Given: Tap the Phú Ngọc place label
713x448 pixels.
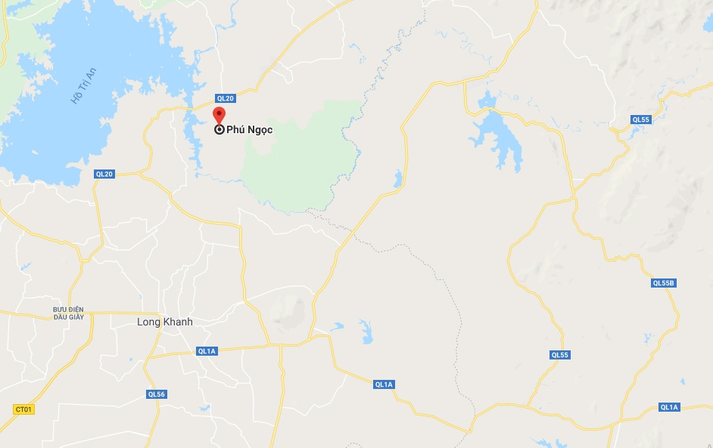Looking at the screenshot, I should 249,130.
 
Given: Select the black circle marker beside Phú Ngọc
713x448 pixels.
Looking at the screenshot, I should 219,130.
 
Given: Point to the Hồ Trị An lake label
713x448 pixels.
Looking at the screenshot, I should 84,86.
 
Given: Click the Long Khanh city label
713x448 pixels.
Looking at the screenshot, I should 164,322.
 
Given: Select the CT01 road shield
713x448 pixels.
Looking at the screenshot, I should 24,409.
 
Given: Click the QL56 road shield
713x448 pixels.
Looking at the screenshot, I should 157,394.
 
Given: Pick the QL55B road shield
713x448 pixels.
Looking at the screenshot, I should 663,283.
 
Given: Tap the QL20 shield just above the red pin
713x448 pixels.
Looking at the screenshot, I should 226,98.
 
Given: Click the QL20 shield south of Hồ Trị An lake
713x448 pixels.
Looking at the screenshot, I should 104,174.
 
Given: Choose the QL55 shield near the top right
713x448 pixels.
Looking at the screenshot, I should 640,120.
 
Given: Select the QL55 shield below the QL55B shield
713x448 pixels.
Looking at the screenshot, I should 560,355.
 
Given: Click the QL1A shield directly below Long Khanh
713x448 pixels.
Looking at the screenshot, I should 207,351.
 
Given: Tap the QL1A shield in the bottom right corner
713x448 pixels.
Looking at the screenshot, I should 669,407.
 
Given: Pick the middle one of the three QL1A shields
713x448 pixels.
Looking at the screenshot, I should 384,384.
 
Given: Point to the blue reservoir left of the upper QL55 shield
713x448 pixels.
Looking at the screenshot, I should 497,133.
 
